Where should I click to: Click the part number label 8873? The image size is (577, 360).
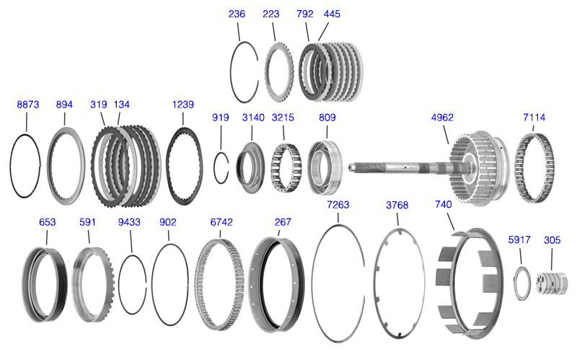(28, 105)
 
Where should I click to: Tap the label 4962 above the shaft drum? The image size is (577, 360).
(442, 118)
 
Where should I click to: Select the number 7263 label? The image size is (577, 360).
(338, 205)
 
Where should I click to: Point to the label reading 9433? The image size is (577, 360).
(129, 222)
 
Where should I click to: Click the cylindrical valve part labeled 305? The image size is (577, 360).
(551, 283)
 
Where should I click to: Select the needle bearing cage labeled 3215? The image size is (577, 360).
(286, 167)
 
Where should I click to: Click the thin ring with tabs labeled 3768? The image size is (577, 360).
(376, 284)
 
